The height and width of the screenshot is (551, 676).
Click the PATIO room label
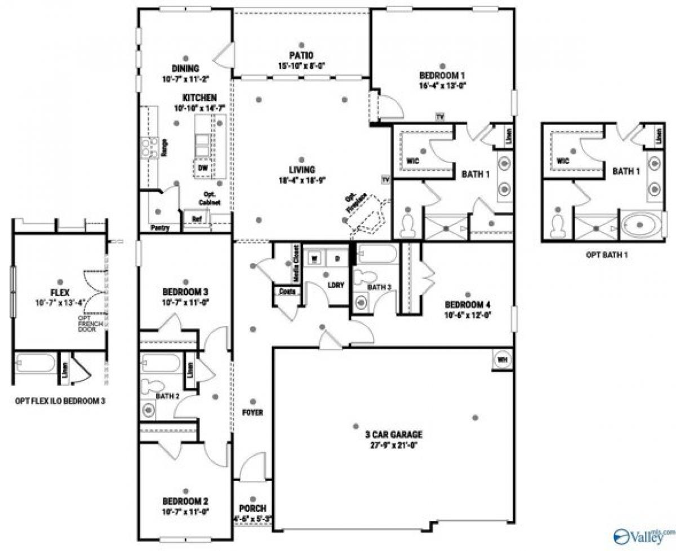click(x=302, y=55)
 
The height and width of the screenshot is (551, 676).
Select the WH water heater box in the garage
click(x=502, y=359)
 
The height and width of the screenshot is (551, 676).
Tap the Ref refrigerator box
click(x=197, y=219)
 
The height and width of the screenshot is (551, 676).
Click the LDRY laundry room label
click(x=336, y=285)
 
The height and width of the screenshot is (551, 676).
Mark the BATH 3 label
click(x=379, y=288)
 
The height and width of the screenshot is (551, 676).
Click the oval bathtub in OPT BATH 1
click(x=641, y=224)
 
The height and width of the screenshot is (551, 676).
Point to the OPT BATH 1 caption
click(x=607, y=255)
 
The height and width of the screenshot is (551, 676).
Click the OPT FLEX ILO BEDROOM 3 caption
click(x=60, y=402)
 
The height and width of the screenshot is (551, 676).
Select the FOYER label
click(x=253, y=412)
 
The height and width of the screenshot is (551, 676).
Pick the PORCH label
click(x=253, y=508)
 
